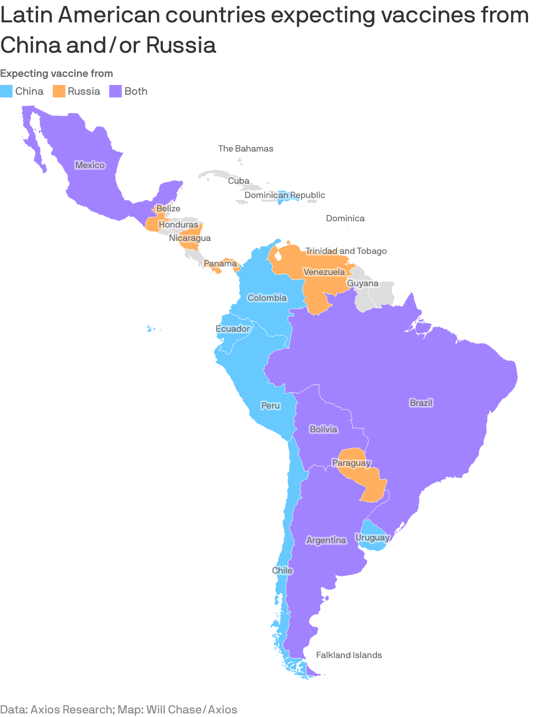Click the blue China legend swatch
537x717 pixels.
[x=6, y=91]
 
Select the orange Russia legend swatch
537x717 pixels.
[x=59, y=91]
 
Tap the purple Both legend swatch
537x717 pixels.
[x=115, y=91]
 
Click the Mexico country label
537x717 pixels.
[x=90, y=165]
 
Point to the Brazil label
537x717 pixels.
[x=421, y=403]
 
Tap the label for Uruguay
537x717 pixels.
[x=372, y=537]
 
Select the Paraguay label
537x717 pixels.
[x=352, y=463]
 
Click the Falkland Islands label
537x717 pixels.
[x=349, y=655]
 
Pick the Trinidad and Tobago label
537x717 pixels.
[x=346, y=251]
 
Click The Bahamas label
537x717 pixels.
[x=246, y=148]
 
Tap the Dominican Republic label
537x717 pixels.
[x=285, y=195]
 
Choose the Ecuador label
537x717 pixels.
[x=233, y=329]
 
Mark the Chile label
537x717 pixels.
[x=282, y=570]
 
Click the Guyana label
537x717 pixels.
[x=363, y=283]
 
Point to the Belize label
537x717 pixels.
[x=168, y=208]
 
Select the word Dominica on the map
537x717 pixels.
[x=345, y=218]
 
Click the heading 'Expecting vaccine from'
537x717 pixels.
[x=56, y=73]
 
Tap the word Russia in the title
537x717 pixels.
[x=181, y=45]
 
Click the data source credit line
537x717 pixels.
[x=119, y=709]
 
